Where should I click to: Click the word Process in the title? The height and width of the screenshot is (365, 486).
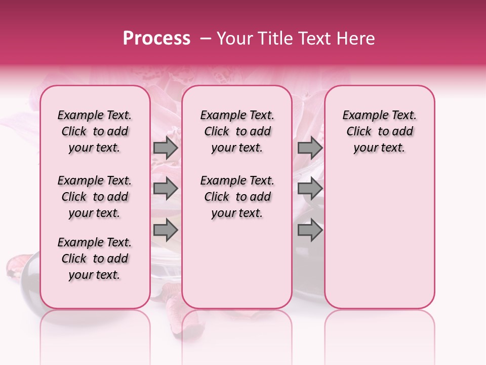point(156,38)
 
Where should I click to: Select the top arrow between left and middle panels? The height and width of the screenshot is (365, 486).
point(166,148)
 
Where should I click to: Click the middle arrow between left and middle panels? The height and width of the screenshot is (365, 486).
point(166,189)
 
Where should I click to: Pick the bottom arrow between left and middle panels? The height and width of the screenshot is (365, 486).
point(166,230)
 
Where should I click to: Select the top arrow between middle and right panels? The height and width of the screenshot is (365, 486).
point(310,148)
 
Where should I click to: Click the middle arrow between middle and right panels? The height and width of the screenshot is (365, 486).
point(310,189)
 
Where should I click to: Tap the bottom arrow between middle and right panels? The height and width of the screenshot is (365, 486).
point(310,230)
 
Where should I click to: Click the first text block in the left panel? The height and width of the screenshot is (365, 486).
point(95,131)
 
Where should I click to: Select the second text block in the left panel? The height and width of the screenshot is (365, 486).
point(95,197)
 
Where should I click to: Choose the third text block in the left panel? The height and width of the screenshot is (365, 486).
point(95,259)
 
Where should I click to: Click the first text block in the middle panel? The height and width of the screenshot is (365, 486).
point(237,131)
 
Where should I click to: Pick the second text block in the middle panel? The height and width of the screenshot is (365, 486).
point(237,197)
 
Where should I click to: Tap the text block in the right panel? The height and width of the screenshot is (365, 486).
point(380,131)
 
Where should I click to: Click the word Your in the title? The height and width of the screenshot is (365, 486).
point(232,39)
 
